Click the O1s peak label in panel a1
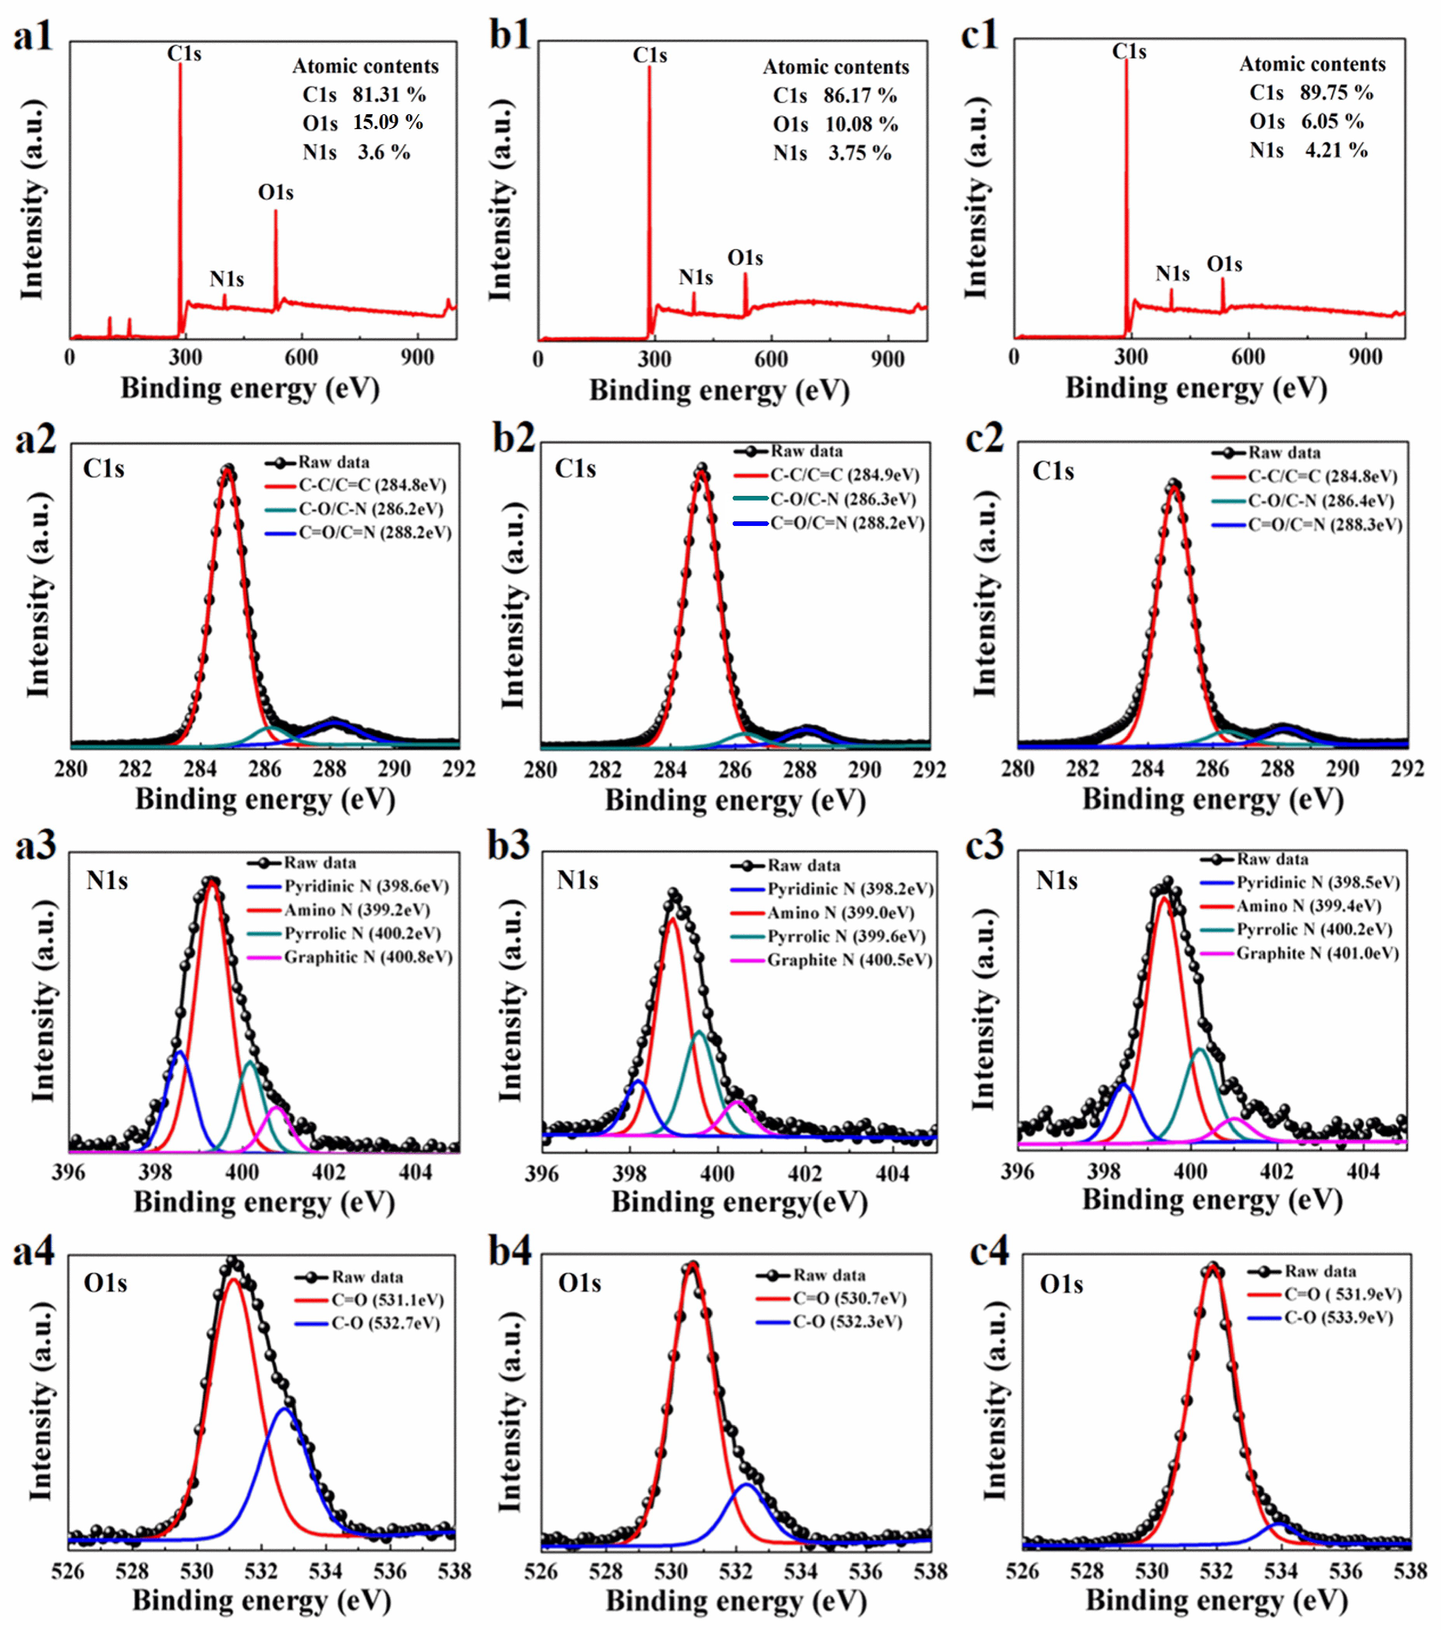tap(275, 193)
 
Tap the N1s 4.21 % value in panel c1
tap(1336, 150)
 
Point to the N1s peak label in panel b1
tap(696, 277)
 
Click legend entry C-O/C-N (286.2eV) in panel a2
tap(371, 509)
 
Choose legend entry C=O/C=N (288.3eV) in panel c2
tap(1325, 524)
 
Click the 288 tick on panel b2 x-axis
tap(799, 769)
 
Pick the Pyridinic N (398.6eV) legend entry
tap(366, 886)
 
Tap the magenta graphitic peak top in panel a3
tap(276, 1108)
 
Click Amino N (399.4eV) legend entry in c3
tap(1308, 906)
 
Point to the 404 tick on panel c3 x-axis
tap(1363, 1172)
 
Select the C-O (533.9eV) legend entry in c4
tap(1338, 1317)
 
